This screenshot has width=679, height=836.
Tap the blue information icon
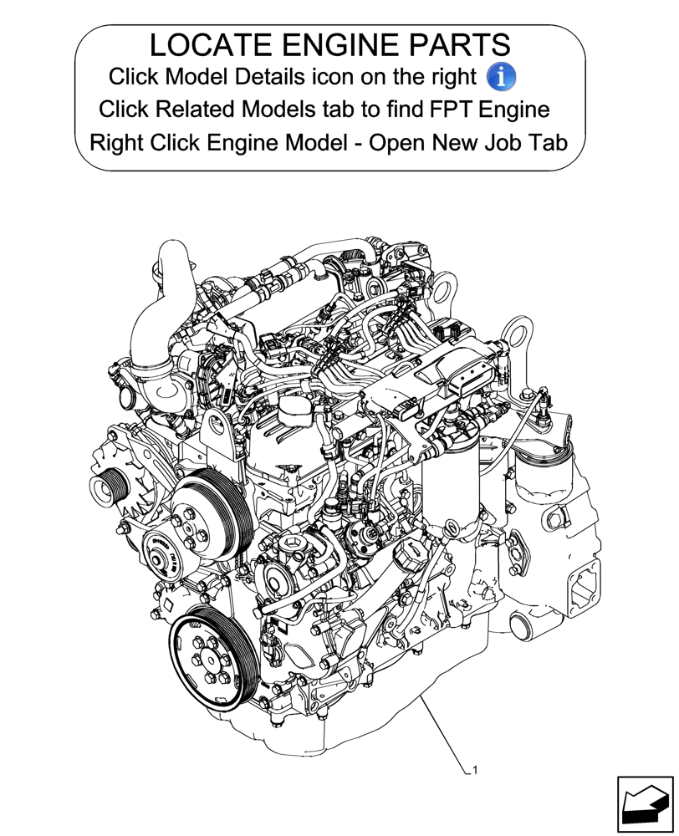coord(500,77)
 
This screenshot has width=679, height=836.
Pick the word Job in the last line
coord(484,142)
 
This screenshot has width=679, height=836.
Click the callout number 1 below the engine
coord(475,771)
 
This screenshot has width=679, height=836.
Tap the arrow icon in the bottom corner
coord(645,804)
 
